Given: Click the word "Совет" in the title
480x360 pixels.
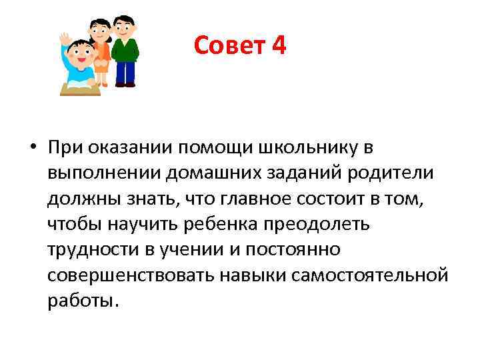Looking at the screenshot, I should pos(228,45).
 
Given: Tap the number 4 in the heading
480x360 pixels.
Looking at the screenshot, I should pos(279,45).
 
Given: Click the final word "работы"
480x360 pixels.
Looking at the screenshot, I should pos(82,300).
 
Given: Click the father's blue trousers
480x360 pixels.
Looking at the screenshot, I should pos(125,72).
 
